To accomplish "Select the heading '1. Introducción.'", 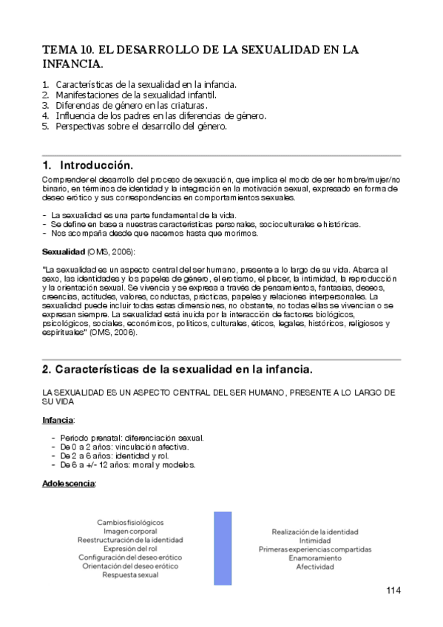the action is [88, 165].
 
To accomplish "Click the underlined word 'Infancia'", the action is [57, 420].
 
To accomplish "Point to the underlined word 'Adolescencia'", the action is [68, 483].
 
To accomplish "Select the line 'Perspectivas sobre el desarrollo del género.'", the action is [141, 126].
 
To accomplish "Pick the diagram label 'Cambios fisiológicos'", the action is [130, 522].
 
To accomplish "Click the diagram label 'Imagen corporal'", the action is [130, 531].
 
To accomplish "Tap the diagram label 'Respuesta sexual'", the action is [130, 575].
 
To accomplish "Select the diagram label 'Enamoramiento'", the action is [315, 558].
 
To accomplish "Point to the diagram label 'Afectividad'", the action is [315, 567].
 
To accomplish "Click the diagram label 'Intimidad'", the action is [315, 540].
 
